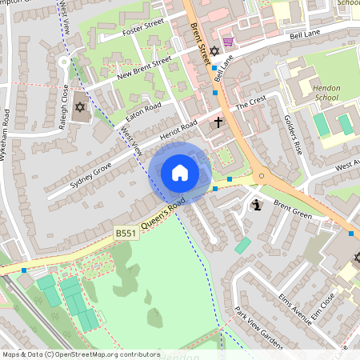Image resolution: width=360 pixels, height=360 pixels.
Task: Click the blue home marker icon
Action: pos(180,172)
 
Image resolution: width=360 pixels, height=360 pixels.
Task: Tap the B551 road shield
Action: pos(125,234)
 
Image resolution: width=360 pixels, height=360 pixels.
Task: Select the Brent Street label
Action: pos(201,34)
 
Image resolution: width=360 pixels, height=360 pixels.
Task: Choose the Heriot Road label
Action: pos(178,133)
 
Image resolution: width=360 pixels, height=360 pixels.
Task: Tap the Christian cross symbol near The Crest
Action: pos(219,122)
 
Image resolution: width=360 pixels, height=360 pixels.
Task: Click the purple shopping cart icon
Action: pos(228,42)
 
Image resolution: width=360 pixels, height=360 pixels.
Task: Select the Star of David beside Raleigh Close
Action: pos(79,106)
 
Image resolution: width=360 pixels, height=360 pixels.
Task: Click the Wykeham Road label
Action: pos(7,136)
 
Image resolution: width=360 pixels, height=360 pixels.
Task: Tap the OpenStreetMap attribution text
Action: pos(81,354)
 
